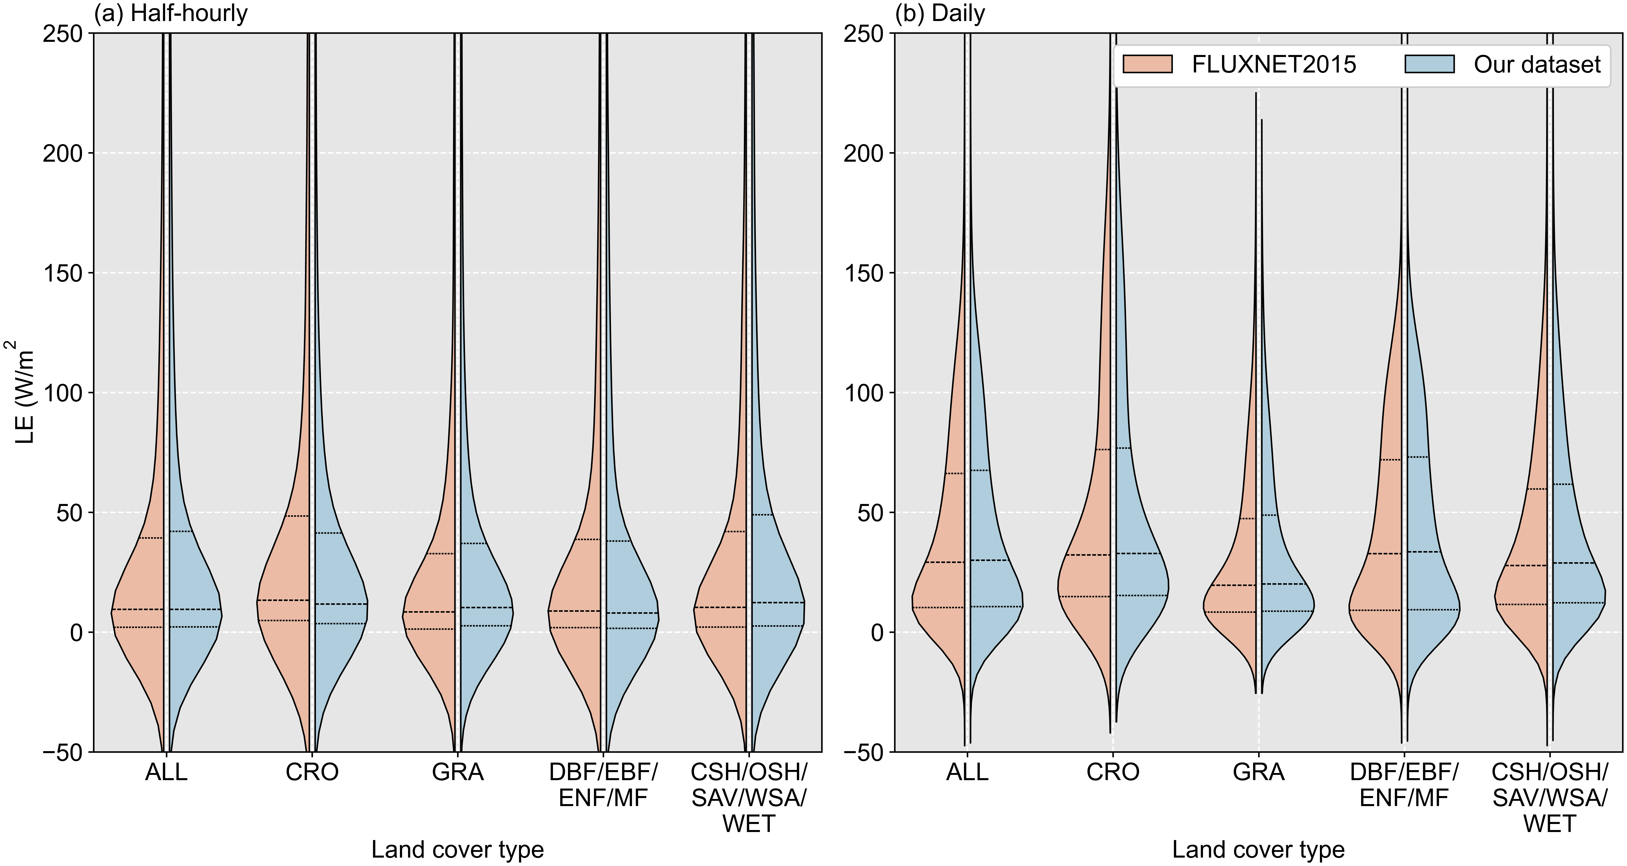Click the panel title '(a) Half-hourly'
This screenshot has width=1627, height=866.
tap(170, 13)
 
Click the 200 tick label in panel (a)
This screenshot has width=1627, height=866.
tap(63, 153)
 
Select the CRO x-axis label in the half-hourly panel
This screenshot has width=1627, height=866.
tap(312, 772)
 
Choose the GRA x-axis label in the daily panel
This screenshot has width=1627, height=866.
tap(1259, 772)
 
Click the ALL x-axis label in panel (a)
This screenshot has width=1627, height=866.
tap(166, 772)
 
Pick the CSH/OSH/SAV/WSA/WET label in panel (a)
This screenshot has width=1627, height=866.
tap(749, 798)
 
